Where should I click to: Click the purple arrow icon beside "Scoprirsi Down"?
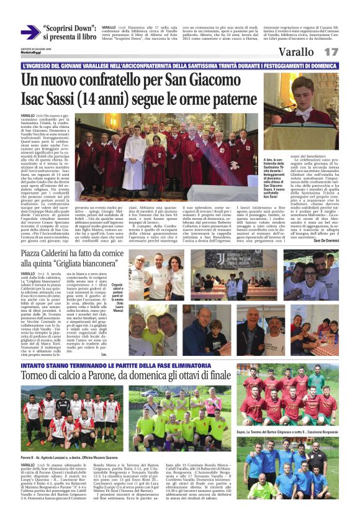[29, 32]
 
